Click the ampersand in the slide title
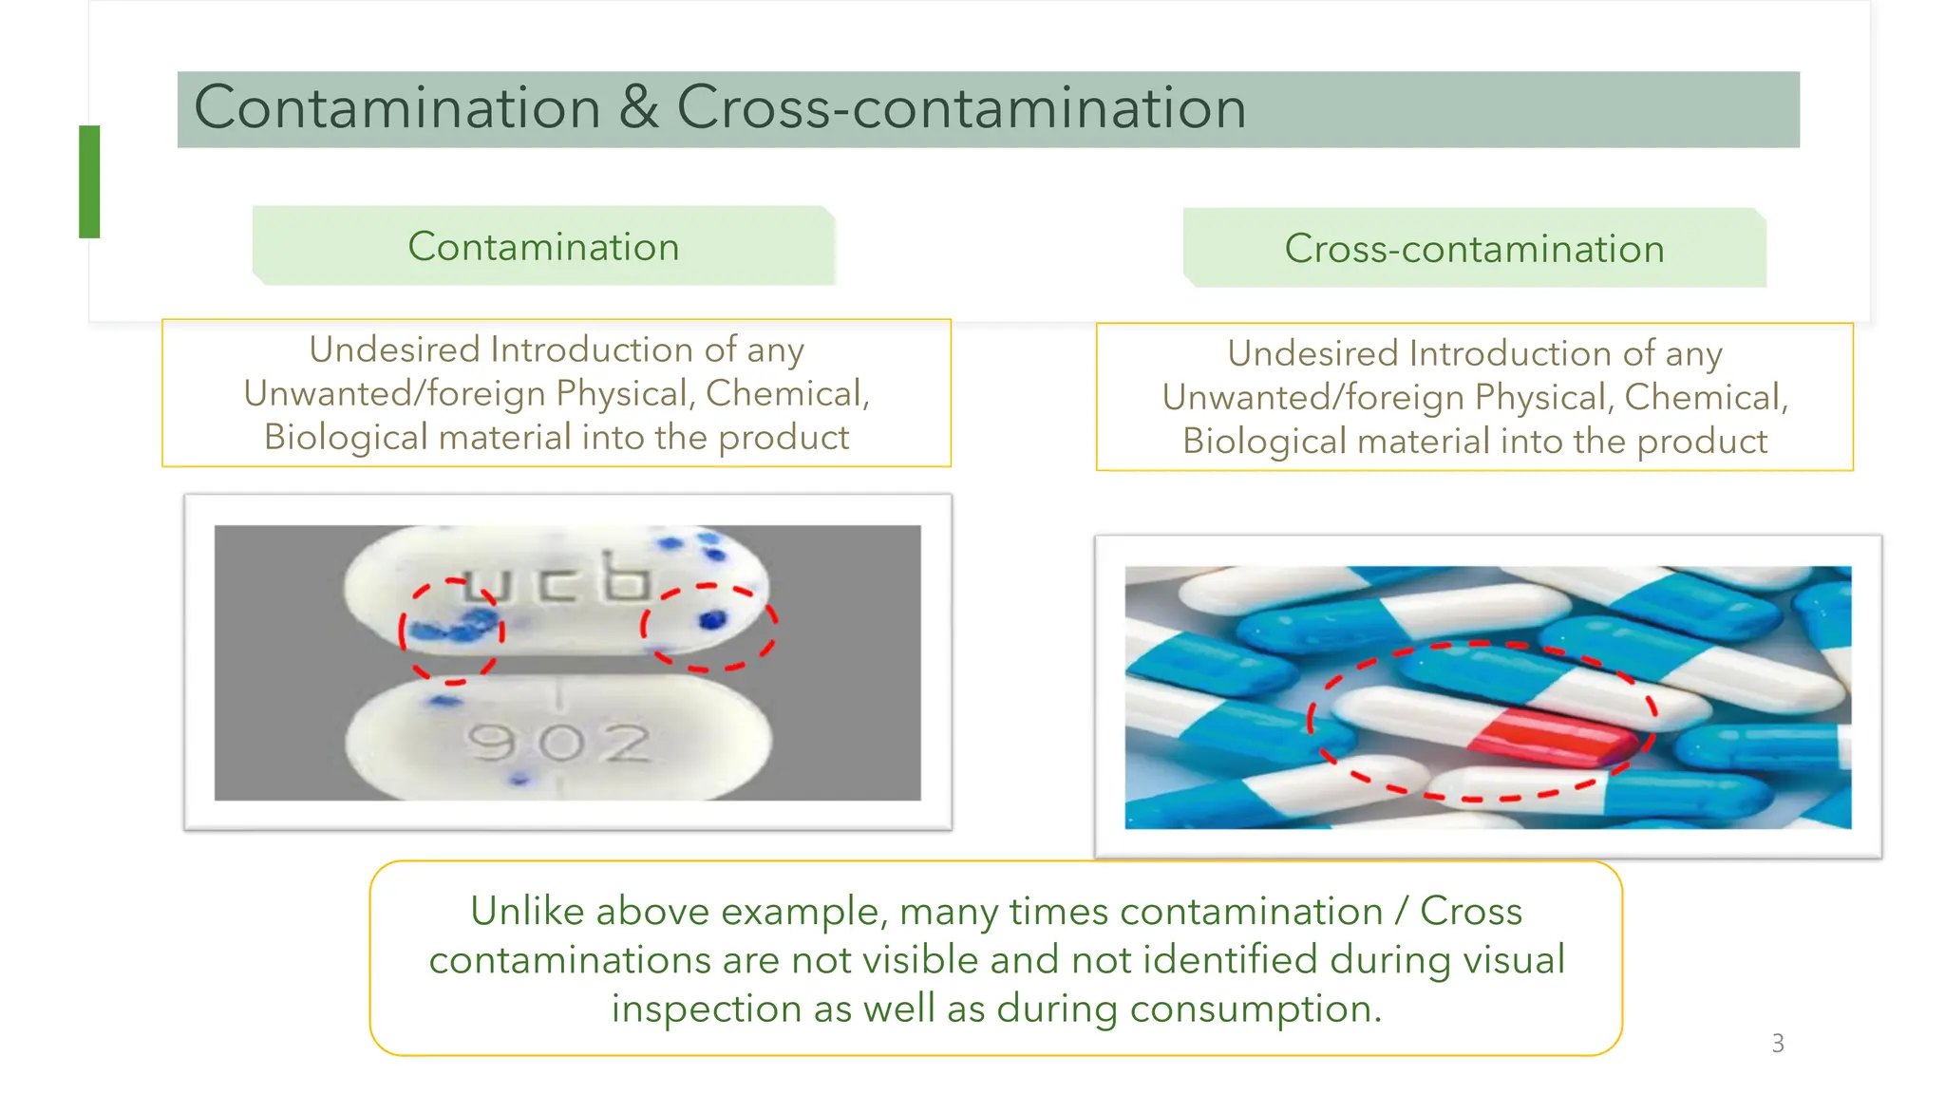tap(639, 107)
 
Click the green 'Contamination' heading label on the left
tap(543, 247)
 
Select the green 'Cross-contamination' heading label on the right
tap(1474, 249)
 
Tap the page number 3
tap(1778, 1043)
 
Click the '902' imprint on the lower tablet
tap(558, 742)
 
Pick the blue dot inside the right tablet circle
tap(711, 620)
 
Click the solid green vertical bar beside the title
tap(89, 181)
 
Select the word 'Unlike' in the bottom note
tap(527, 911)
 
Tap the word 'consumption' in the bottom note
tap(1255, 1008)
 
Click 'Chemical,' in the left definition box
tap(787, 393)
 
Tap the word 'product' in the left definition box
tap(784, 438)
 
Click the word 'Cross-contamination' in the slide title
tap(960, 107)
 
